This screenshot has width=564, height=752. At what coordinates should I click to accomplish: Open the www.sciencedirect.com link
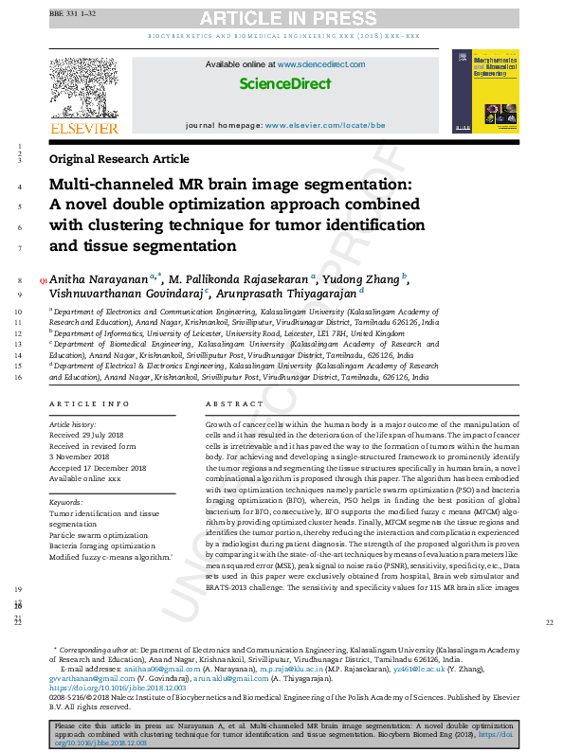(x=321, y=64)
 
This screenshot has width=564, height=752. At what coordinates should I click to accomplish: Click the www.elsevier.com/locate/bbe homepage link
(x=317, y=125)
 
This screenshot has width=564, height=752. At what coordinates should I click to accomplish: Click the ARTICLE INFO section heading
(x=89, y=403)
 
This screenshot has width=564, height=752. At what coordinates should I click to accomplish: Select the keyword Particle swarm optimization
(x=99, y=535)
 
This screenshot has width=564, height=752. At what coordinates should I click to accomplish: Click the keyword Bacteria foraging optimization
(x=102, y=546)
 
